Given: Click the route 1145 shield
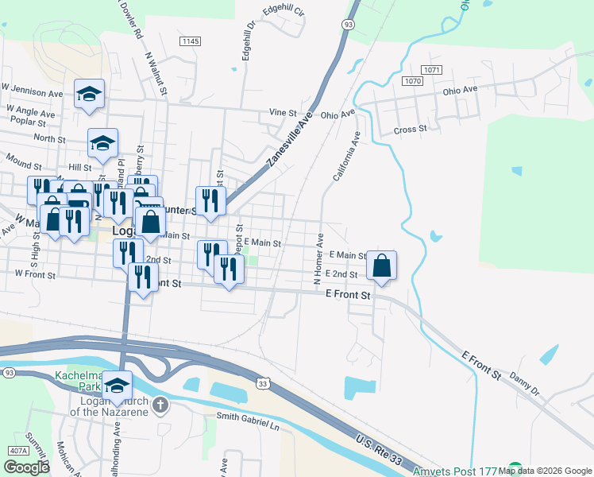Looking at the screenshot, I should pos(190,41).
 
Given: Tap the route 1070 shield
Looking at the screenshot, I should pos(412,81).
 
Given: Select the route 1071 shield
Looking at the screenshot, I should pos(431,70).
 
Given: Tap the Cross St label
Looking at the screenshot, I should pos(410,129).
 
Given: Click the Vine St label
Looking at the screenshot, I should pos(282,113).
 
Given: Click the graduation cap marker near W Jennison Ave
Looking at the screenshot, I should pos(89,95).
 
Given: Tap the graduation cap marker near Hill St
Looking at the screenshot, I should pos(102,143).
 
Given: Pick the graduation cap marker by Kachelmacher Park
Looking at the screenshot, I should pos(118,386).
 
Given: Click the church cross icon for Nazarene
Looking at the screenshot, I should pos(160,406).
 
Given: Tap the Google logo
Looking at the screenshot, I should pos(26,467).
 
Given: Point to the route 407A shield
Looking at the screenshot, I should pos(17,451).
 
